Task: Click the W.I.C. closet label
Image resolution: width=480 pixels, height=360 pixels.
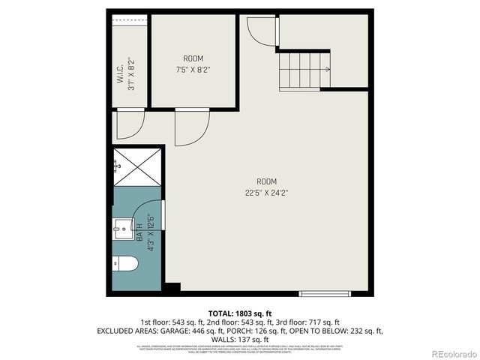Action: [x=121, y=74]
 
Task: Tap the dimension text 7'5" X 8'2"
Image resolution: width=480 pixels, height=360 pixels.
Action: [x=193, y=69]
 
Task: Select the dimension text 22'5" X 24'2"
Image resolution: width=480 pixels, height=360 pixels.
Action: [x=267, y=192]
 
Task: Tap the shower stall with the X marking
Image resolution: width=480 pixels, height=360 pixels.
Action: [x=137, y=166]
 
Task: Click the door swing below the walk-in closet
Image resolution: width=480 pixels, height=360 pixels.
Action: [x=129, y=124]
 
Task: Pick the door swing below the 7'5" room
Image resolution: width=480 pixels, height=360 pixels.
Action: [x=190, y=127]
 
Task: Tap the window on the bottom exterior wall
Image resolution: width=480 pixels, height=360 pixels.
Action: [x=324, y=293]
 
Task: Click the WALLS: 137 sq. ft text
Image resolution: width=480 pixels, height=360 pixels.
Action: [x=239, y=340]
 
